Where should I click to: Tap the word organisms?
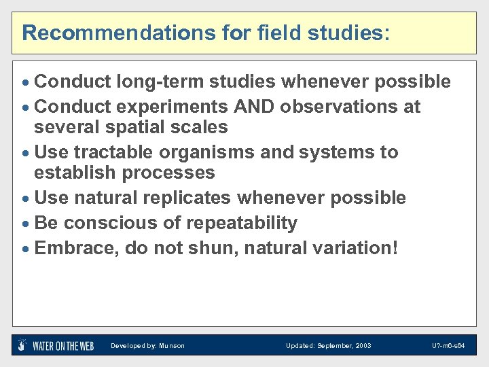(x=207, y=152)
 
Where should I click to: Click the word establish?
(x=75, y=173)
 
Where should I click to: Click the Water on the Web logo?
(x=56, y=345)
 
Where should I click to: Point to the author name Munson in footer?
(x=172, y=346)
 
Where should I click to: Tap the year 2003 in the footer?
(x=361, y=346)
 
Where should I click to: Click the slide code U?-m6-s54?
(x=448, y=346)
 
